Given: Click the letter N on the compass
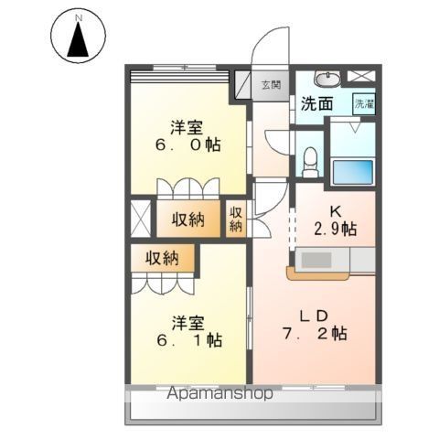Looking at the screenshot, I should click(78, 17).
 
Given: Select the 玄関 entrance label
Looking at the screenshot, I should click(272, 85).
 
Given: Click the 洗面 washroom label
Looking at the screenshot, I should click(316, 104).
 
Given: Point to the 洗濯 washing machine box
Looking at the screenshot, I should click(364, 103).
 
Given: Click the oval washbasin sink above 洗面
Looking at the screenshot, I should click(326, 77).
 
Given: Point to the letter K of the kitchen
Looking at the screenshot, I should click(336, 209).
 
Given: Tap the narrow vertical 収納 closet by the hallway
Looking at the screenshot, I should click(236, 219).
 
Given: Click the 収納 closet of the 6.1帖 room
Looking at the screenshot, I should click(162, 258).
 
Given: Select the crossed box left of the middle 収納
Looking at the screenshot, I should click(141, 219).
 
